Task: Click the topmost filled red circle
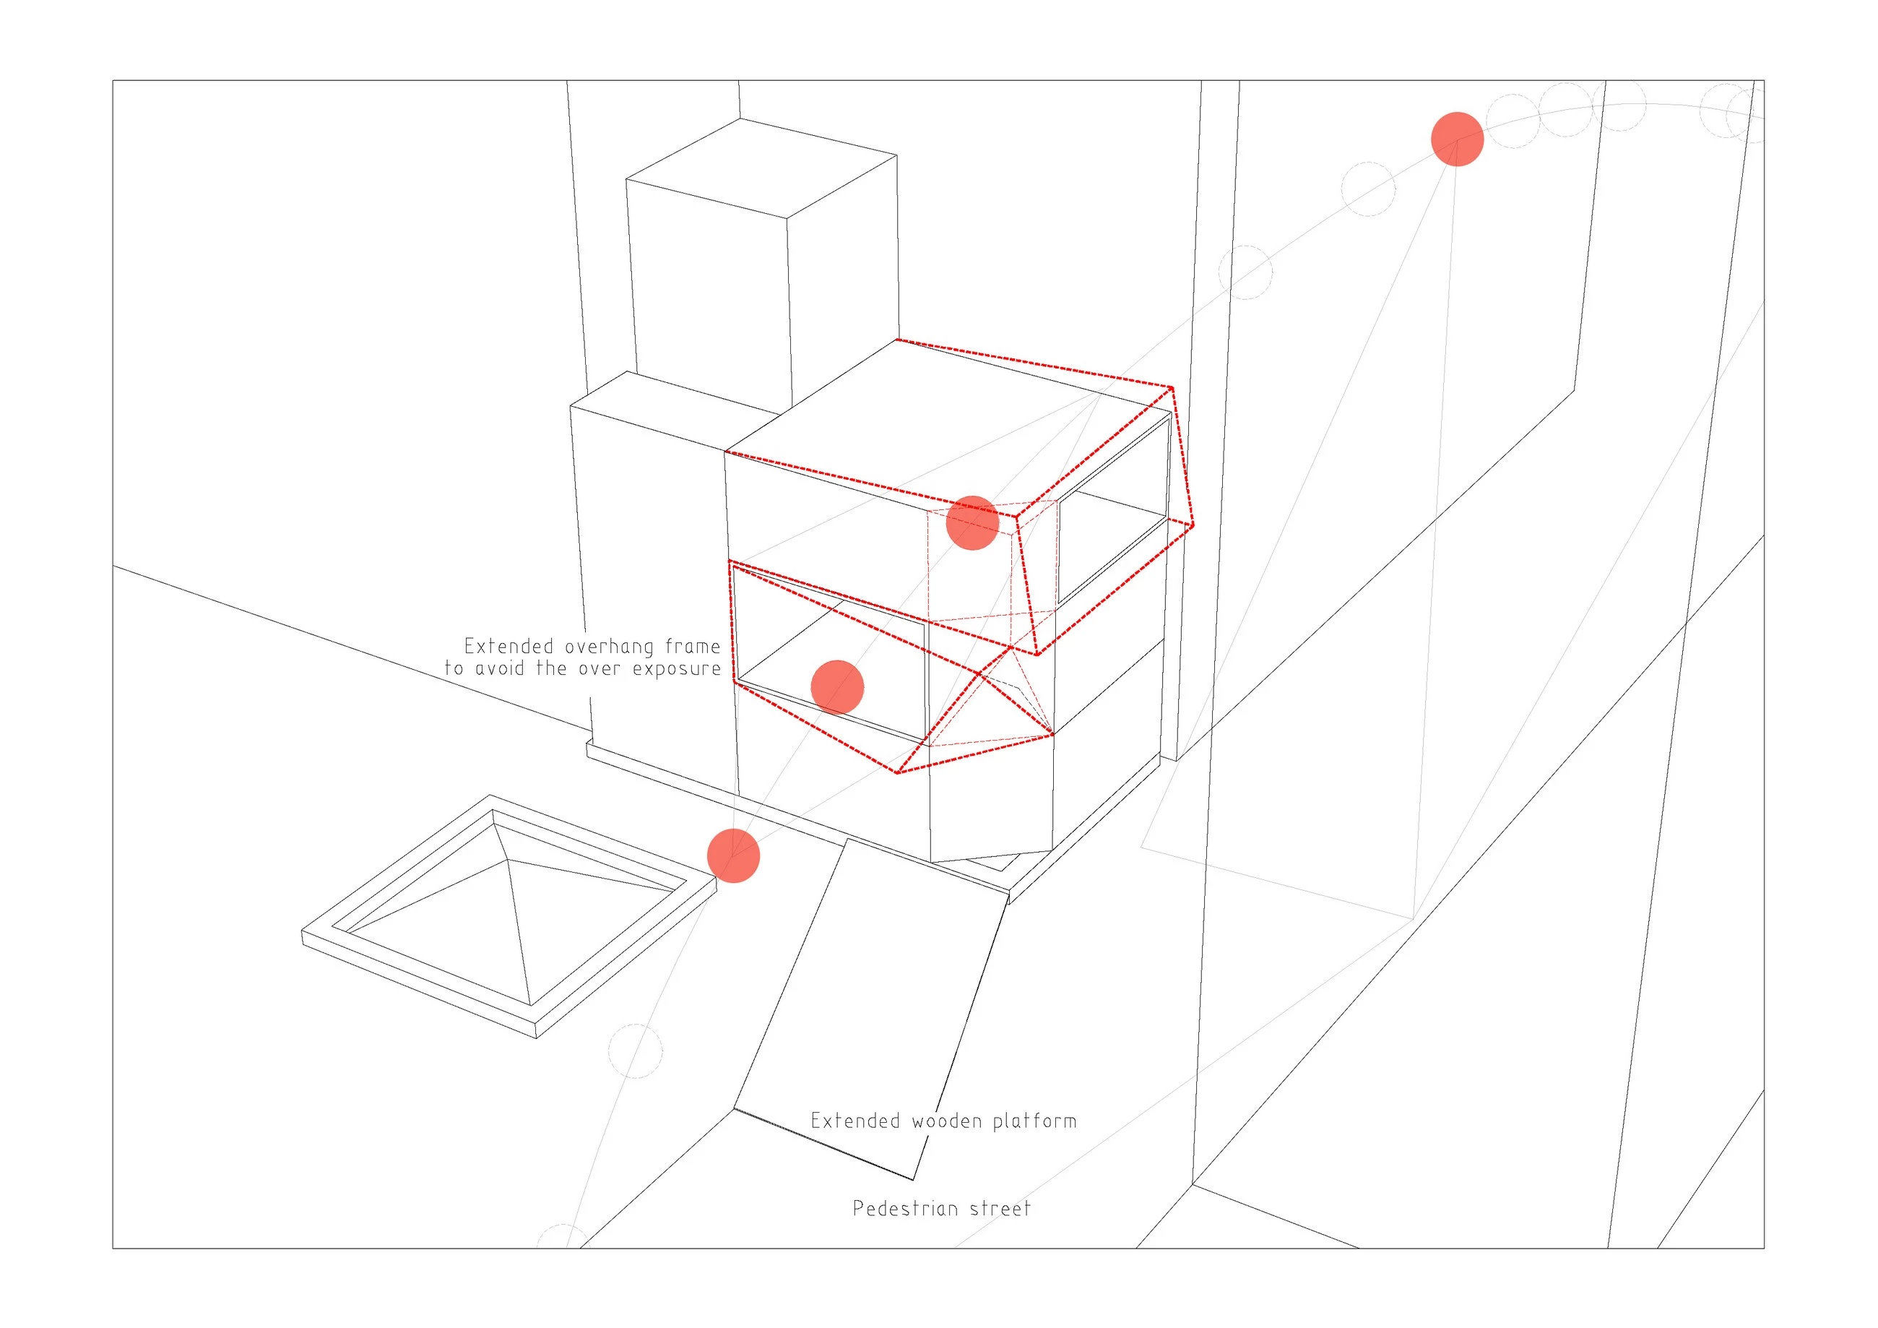(1457, 139)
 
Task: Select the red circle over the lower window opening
(836, 686)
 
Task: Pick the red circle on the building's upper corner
(972, 522)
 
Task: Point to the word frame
(693, 646)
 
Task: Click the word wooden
(946, 1120)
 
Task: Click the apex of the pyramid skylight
(507, 860)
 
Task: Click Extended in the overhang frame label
(509, 647)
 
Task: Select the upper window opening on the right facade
(1112, 507)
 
